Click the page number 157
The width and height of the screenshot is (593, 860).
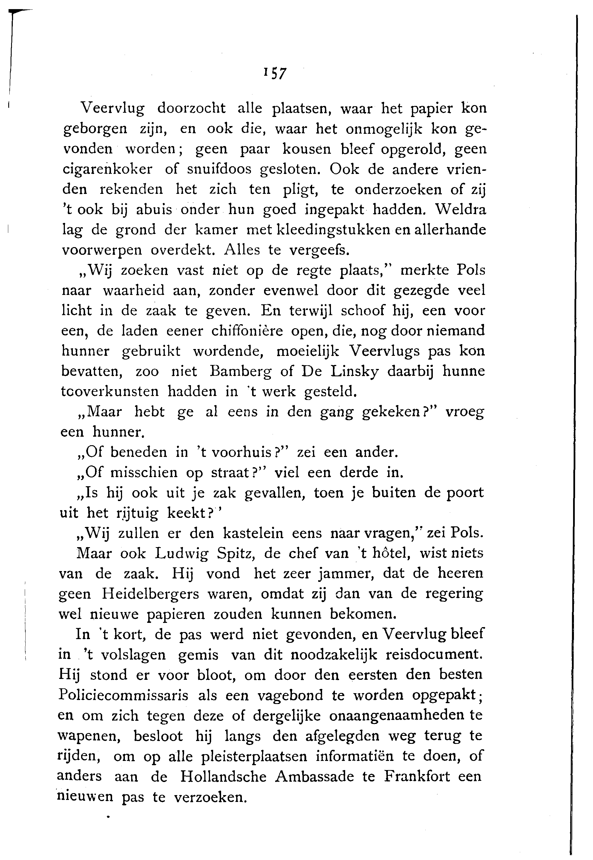click(275, 73)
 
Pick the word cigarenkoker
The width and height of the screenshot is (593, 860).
click(107, 169)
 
